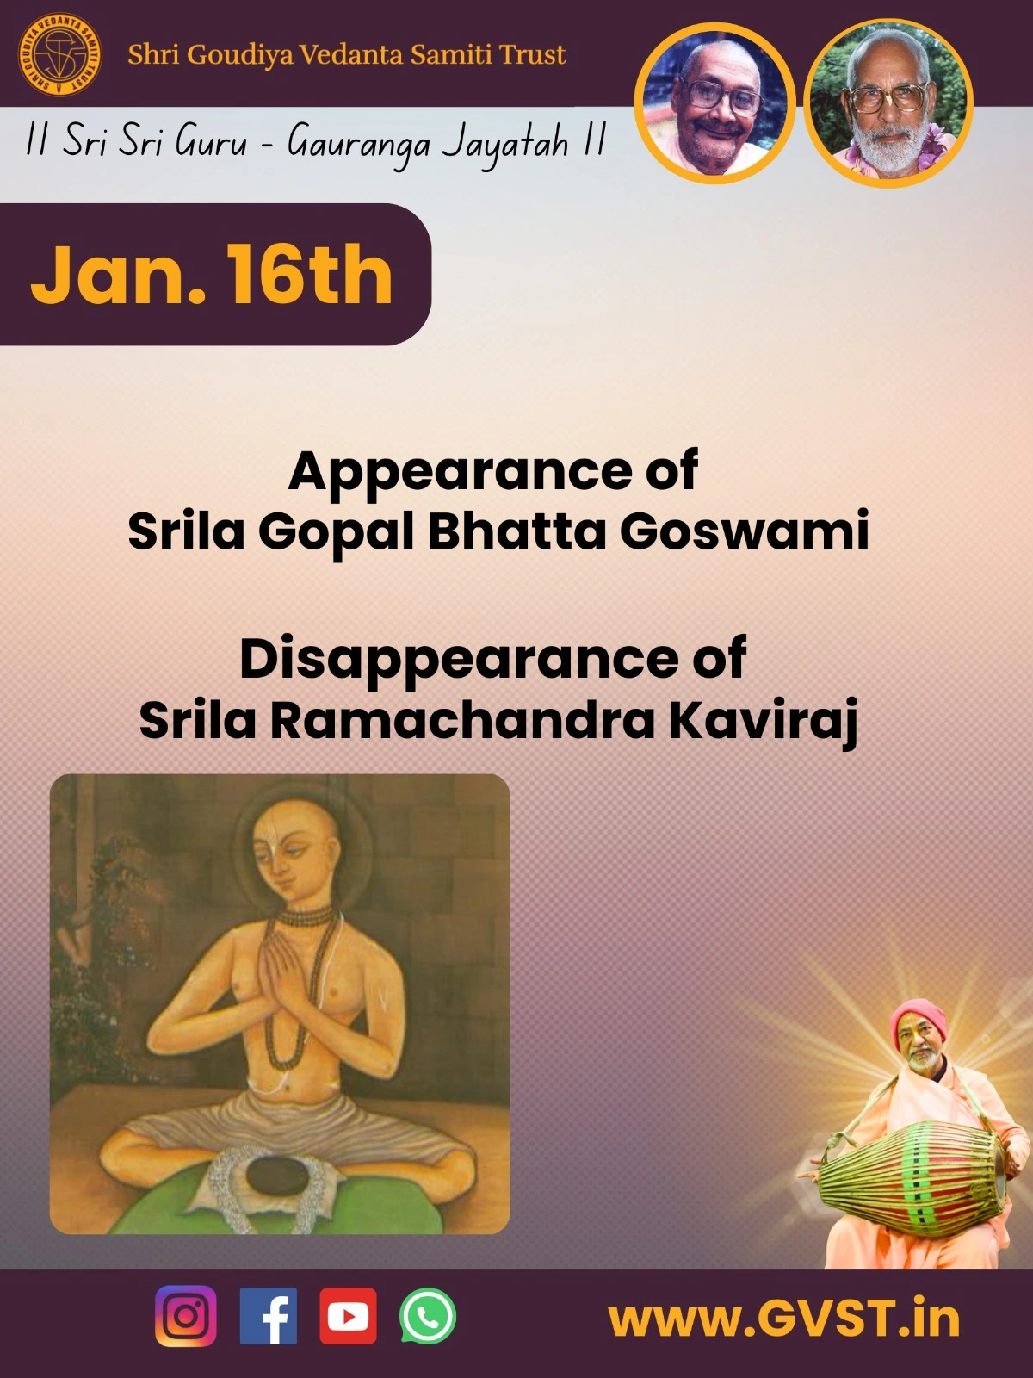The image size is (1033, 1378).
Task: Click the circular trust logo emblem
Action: [59, 56]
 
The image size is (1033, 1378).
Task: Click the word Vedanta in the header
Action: [350, 54]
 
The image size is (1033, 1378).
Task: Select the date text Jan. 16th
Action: [212, 275]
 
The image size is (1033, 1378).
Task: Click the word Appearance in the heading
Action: [460, 472]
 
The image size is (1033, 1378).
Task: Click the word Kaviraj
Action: [764, 722]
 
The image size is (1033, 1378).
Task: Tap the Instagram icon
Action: [186, 1316]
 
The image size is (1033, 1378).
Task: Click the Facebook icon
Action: [269, 1316]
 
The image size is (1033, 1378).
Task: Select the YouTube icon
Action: [348, 1316]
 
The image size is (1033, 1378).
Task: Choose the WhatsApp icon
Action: [428, 1316]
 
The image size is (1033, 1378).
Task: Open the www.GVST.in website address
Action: [784, 1319]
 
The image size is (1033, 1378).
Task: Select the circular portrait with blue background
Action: [715, 102]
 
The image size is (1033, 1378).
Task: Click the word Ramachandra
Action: [463, 721]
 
